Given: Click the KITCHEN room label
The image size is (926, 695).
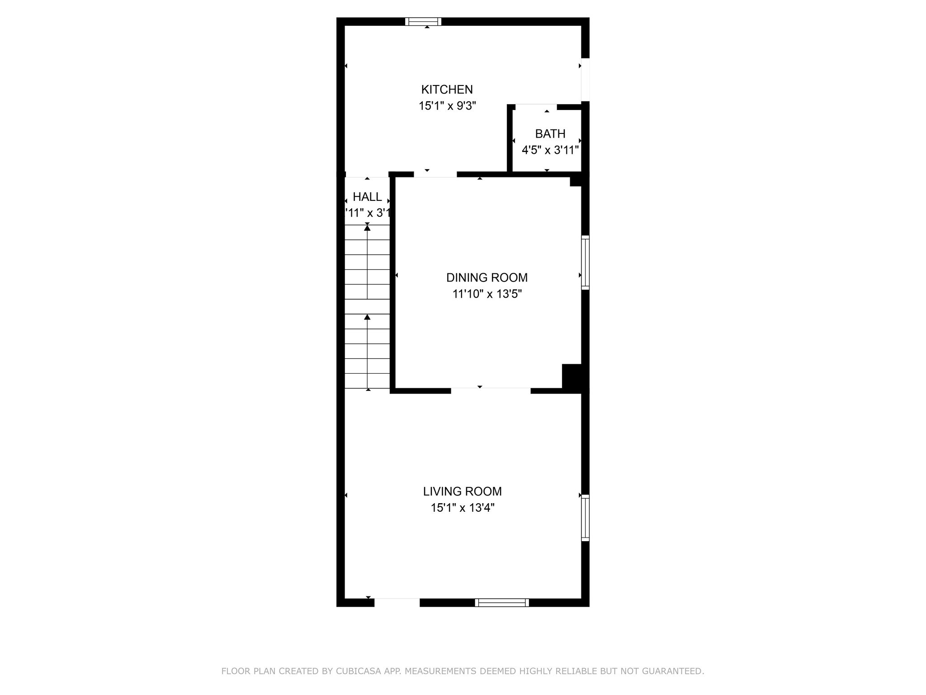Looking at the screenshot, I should tap(447, 90).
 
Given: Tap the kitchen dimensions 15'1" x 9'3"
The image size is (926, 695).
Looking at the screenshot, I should tap(447, 106).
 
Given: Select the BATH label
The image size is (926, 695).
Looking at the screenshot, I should tap(550, 134).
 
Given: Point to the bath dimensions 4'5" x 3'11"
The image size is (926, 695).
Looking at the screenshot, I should tap(550, 150).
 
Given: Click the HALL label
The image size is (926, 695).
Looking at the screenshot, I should tap(367, 197).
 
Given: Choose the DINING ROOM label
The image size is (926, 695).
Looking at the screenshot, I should tap(487, 277).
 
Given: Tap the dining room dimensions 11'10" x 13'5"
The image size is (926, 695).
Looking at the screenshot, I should tap(487, 294).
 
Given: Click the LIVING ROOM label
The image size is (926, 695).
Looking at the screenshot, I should tap(462, 491).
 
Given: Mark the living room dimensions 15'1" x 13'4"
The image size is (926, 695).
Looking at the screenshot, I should tap(462, 508).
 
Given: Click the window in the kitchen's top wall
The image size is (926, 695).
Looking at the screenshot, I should tap(423, 21).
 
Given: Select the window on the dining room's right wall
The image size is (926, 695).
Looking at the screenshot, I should tap(585, 262).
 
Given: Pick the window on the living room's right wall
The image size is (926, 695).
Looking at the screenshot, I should tap(585, 518).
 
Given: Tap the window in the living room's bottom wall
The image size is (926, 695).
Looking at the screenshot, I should tap(502, 602).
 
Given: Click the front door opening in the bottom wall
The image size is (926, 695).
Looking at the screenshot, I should tap(397, 602).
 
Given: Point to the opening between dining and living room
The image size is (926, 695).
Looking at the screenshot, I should tap(491, 390).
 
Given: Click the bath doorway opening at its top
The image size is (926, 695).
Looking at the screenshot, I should tap(536, 107).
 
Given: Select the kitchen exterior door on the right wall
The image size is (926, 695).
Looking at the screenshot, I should tap(585, 80).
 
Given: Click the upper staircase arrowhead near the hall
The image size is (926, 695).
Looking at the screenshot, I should tap(367, 228).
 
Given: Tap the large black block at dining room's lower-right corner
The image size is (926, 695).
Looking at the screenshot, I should tap(572, 376).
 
